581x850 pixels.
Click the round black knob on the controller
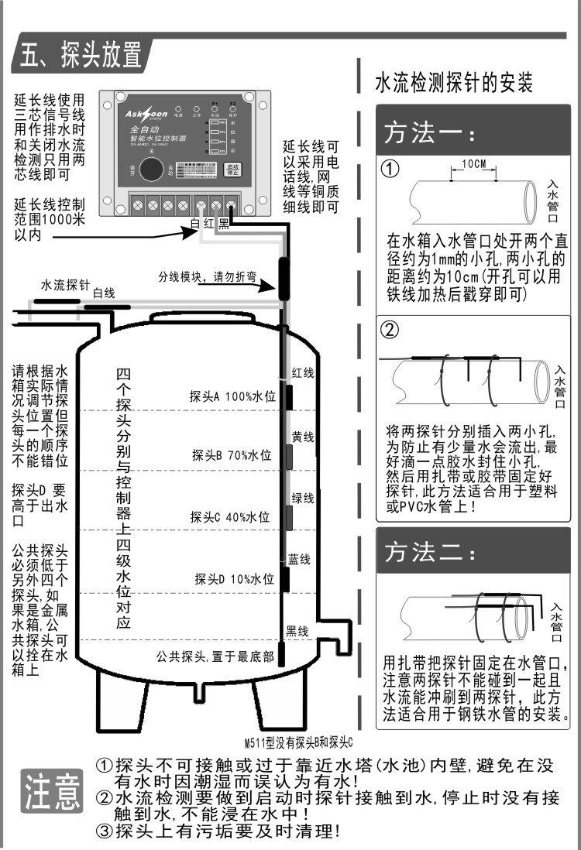click(155, 170)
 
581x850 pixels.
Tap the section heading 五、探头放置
click(81, 56)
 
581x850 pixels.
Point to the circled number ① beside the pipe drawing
click(392, 168)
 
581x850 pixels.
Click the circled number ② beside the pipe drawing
click(392, 329)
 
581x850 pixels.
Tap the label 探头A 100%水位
click(232, 396)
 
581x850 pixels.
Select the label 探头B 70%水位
click(232, 455)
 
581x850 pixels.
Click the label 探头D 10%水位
click(234, 578)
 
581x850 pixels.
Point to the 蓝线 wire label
click(299, 558)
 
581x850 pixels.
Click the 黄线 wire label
click(302, 437)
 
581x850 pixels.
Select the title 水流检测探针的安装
click(453, 83)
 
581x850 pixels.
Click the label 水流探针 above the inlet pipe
click(66, 285)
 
